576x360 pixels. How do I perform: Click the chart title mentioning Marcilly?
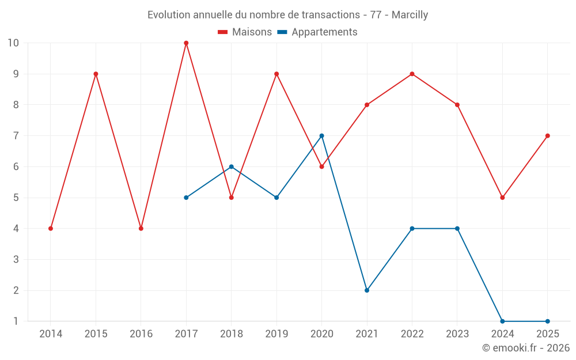(x=287, y=15)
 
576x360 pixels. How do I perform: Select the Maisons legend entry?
(x=245, y=32)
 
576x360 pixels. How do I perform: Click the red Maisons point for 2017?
(x=186, y=43)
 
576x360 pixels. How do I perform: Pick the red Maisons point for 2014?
(x=51, y=229)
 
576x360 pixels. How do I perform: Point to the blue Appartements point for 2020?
(x=321, y=136)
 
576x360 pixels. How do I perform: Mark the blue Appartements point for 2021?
(x=367, y=290)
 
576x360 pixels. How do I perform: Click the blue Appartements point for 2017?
(x=186, y=198)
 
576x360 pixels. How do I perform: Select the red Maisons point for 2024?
(x=502, y=198)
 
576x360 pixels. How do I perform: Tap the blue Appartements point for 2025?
(x=547, y=321)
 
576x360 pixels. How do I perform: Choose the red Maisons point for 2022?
(x=412, y=74)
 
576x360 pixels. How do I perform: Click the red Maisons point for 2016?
(x=141, y=229)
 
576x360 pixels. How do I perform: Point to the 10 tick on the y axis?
(x=13, y=43)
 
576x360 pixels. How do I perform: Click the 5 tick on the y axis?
(x=16, y=198)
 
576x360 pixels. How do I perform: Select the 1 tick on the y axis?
(x=16, y=321)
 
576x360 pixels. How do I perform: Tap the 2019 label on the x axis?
(x=276, y=334)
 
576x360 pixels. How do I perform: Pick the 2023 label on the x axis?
(x=457, y=334)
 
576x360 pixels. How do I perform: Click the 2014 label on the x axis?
(x=51, y=334)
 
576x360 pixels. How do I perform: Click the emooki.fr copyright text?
(x=525, y=348)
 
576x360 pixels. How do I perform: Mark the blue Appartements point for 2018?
(x=231, y=167)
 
